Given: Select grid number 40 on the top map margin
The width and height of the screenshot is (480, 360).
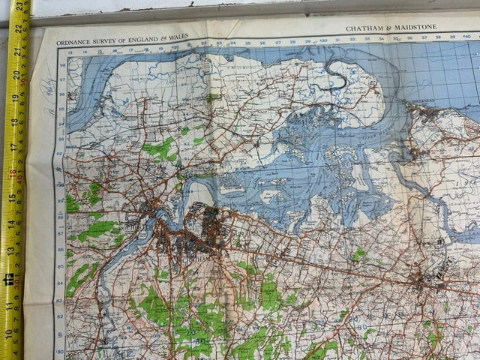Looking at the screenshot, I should [x=466, y=34].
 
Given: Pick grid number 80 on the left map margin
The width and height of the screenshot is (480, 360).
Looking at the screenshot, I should [x=58, y=351].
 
